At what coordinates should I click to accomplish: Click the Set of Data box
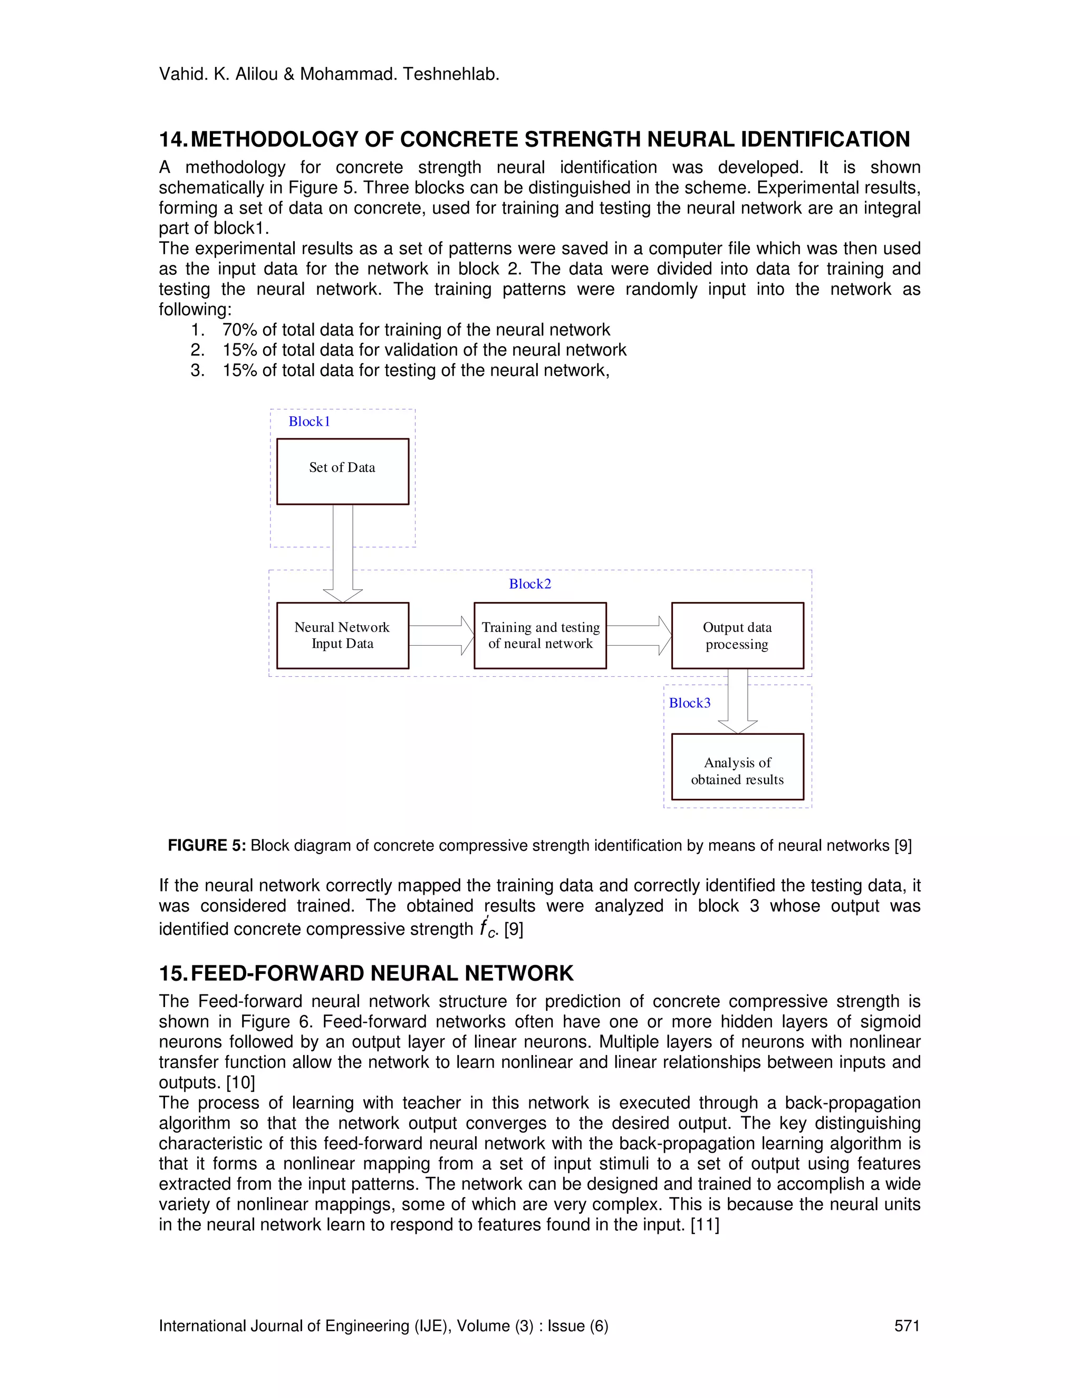click(342, 471)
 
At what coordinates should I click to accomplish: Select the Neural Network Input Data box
click(342, 635)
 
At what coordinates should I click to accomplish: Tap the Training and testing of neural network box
click(540, 635)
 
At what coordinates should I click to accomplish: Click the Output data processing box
click(737, 635)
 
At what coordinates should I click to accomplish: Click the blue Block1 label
click(309, 421)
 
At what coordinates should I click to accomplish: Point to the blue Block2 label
click(530, 584)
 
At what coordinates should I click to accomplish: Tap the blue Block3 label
click(689, 703)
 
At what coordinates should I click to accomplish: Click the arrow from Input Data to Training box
click(441, 636)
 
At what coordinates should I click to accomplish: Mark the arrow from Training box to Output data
click(639, 636)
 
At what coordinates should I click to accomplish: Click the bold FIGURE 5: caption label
click(206, 846)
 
